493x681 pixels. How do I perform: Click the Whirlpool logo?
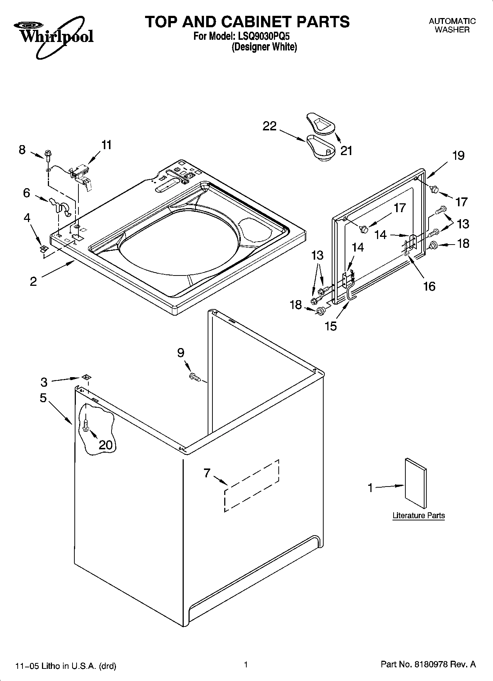click(x=54, y=36)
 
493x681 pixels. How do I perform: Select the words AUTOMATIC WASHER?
click(x=452, y=26)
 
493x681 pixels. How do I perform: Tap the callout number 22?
click(x=270, y=126)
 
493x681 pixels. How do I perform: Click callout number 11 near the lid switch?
click(x=106, y=145)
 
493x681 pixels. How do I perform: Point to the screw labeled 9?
click(x=194, y=376)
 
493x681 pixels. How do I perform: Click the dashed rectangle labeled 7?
click(x=251, y=485)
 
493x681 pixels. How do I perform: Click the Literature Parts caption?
click(x=419, y=516)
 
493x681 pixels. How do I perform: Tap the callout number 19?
click(x=458, y=156)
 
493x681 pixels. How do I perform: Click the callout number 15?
click(x=331, y=326)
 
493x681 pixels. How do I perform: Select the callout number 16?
click(x=429, y=286)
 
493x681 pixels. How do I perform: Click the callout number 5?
click(x=43, y=398)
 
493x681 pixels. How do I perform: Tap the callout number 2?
click(x=34, y=282)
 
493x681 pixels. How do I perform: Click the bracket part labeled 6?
click(x=59, y=206)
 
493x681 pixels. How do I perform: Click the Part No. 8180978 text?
click(x=428, y=664)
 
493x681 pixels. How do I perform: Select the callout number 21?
click(x=346, y=151)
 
